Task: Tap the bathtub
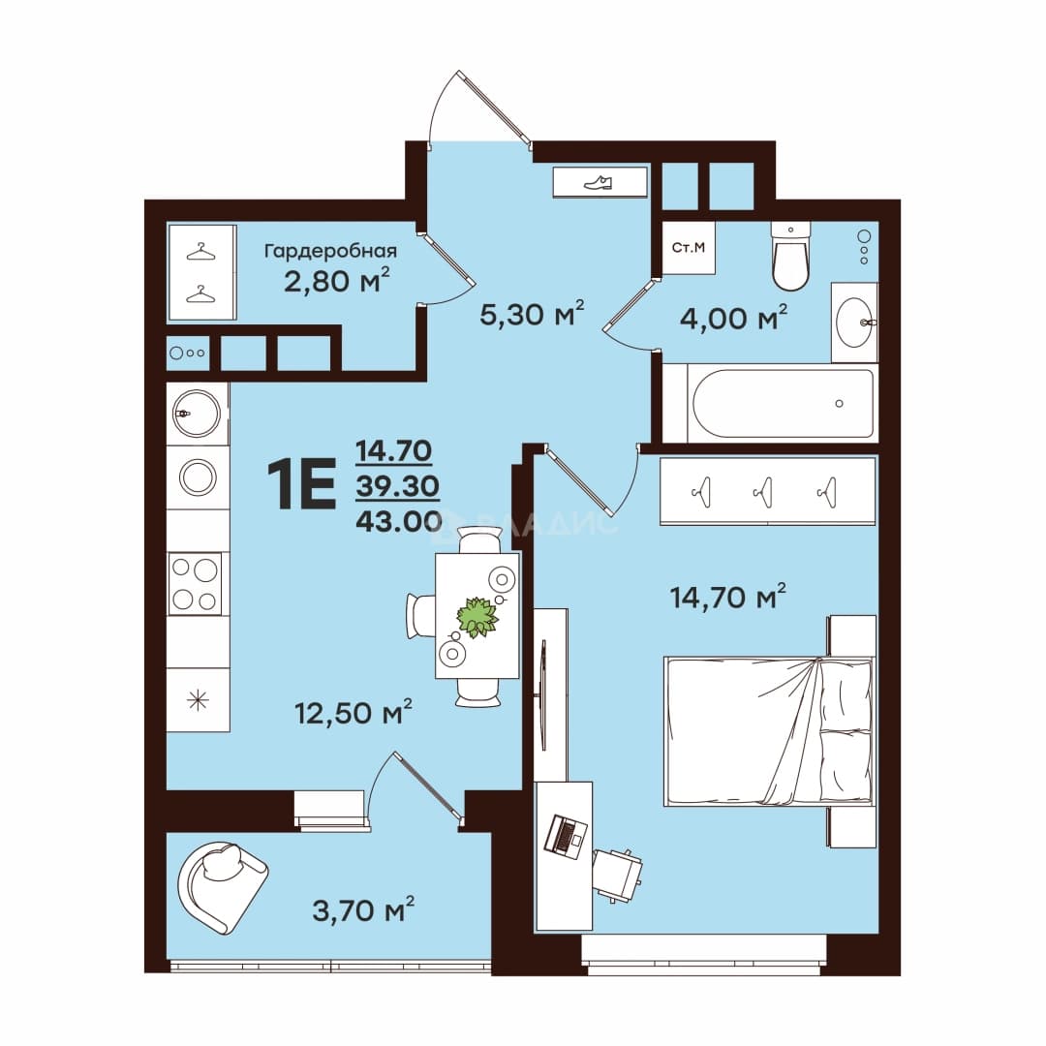point(784,403)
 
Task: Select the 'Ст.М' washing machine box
point(689,248)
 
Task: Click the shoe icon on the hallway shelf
point(598,182)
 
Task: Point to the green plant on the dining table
point(477,617)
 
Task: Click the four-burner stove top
point(195,584)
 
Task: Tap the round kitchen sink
point(196,414)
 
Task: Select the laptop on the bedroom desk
point(566,836)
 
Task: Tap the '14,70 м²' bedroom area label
point(727,597)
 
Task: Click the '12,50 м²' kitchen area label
point(354,713)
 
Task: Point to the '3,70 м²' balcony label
point(363,909)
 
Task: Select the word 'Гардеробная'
point(331,252)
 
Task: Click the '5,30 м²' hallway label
point(532,314)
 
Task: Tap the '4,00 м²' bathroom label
point(733,318)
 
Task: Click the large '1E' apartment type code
point(301,485)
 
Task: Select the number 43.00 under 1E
point(399,521)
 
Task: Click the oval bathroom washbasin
point(854,323)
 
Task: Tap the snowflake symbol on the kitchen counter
point(199,700)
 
